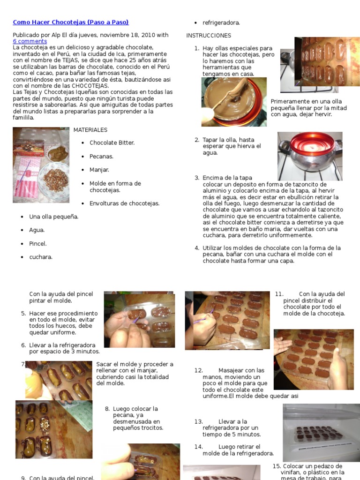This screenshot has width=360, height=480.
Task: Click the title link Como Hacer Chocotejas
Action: point(70,22)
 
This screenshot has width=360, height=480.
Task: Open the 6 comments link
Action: point(30,41)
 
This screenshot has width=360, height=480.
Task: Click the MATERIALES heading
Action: point(90,130)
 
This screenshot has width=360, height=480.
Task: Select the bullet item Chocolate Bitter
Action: point(112,142)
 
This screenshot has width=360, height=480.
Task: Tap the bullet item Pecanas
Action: point(101,156)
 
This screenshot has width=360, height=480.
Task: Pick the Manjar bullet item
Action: point(99,170)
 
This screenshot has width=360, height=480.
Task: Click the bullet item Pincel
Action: point(38,244)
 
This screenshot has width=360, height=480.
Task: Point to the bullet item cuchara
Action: point(41,257)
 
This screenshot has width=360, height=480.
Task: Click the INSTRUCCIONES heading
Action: point(209,36)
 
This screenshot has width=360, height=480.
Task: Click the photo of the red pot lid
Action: point(310,156)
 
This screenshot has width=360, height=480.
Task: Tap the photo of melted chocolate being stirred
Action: point(233,102)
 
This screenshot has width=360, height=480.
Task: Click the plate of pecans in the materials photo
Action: point(55,180)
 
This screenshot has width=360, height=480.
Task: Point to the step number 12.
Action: point(199,370)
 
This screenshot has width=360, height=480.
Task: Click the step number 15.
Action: point(277,466)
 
